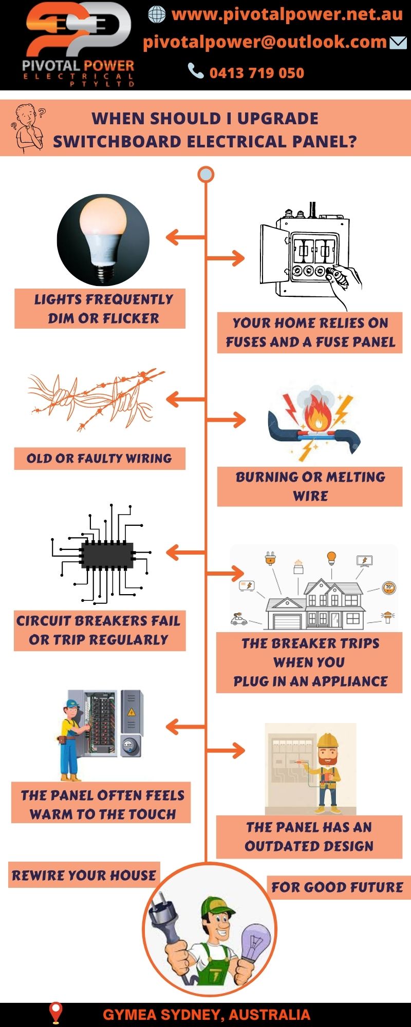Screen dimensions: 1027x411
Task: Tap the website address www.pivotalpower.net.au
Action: point(287,14)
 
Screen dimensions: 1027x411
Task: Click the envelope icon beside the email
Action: point(398,43)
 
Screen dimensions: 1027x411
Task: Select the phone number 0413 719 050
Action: point(256,73)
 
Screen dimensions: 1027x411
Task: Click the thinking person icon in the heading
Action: point(28,128)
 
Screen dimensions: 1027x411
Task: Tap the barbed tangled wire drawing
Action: point(95,398)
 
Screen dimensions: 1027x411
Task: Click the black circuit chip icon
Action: point(107,555)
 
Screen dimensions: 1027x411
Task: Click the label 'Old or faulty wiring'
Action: point(99,459)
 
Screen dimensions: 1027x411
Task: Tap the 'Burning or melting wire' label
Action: point(310,486)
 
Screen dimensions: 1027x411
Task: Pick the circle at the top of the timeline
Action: point(206,175)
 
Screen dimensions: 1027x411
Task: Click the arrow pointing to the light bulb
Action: point(185,237)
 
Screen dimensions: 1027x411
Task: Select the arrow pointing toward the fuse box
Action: point(226,258)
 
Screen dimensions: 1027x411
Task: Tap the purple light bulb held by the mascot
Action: point(255,942)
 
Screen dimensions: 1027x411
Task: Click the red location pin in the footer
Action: point(55,1012)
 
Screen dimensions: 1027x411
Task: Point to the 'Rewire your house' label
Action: point(84,875)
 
